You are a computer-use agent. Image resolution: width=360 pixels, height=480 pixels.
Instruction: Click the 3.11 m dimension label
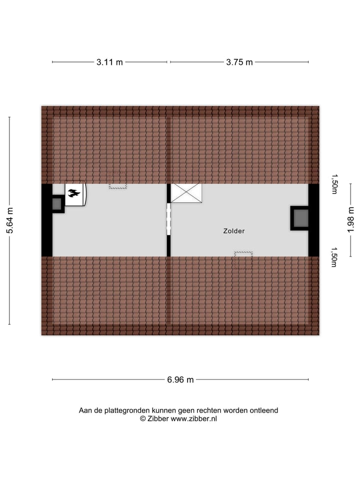109,62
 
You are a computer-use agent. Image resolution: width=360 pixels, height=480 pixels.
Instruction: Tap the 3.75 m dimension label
239,62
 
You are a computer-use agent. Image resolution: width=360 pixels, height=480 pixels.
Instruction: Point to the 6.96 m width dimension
180,379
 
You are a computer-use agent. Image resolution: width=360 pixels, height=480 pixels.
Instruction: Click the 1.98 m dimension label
351,220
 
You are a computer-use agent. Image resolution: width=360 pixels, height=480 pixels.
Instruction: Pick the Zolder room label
234,231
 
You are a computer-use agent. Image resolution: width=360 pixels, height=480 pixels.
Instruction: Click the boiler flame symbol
74,193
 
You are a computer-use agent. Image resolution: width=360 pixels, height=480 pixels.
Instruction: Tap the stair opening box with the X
186,193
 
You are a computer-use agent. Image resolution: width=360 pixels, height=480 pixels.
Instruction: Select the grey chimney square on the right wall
301,218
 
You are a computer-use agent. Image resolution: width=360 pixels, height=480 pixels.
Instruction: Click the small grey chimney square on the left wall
56,203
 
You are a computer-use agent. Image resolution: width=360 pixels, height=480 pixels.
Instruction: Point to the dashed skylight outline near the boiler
118,186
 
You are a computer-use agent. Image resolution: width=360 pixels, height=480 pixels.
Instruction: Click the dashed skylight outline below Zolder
243,254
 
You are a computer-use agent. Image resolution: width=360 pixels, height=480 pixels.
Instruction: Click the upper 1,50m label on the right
334,184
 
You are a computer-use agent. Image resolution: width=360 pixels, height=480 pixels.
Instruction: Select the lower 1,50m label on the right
334,257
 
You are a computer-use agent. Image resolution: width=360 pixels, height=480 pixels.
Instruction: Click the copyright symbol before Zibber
142,419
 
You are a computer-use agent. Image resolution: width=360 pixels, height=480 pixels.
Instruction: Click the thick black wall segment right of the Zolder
313,220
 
